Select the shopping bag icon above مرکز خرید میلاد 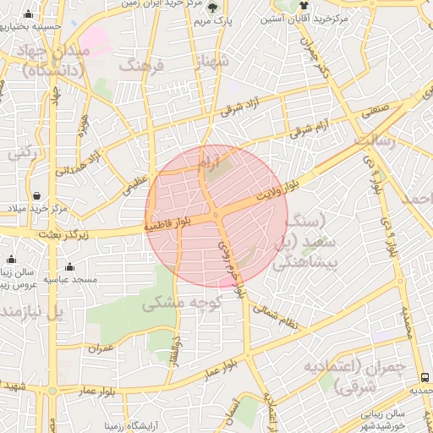point(37,196)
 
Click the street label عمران point(101,348)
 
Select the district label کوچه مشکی point(182,302)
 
